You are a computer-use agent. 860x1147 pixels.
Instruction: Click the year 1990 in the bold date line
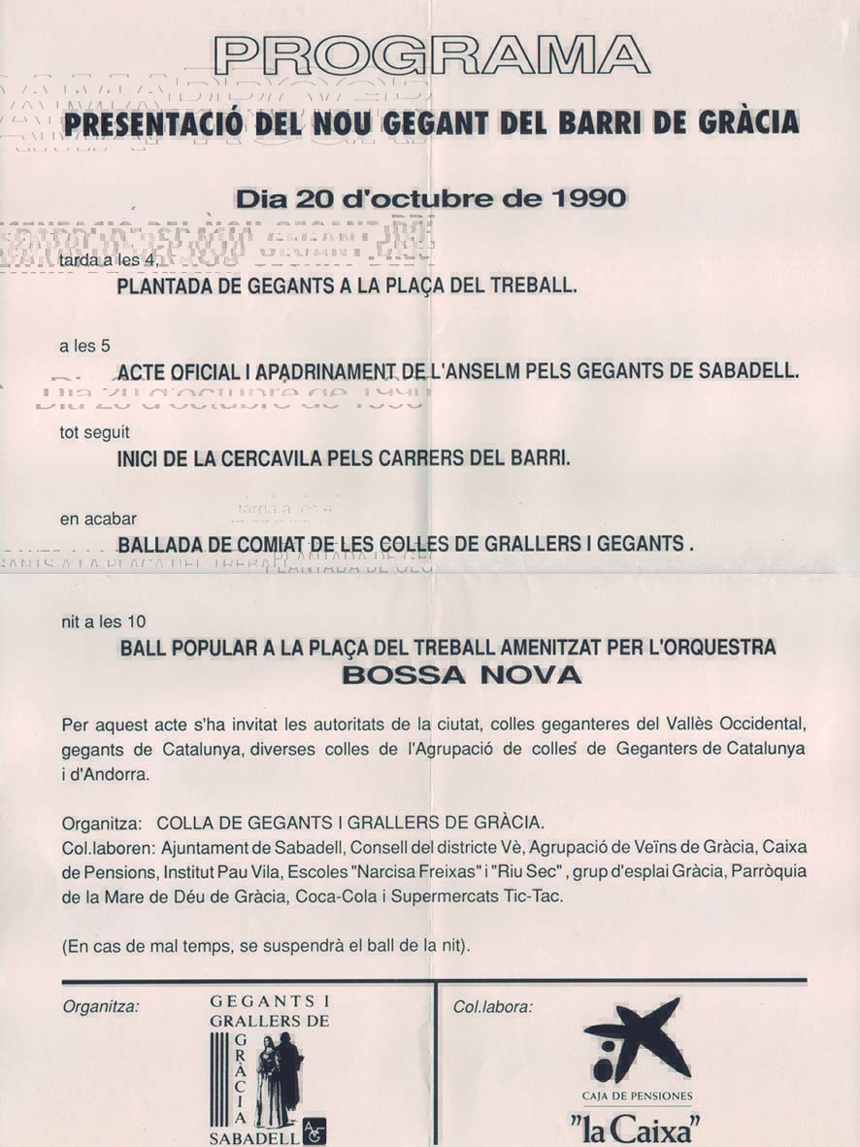[x=588, y=199]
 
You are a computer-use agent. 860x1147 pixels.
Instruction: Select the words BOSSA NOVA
[x=461, y=675]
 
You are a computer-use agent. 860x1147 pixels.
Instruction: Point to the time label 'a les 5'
[x=84, y=345]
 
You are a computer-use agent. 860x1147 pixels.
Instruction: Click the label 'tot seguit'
[x=94, y=432]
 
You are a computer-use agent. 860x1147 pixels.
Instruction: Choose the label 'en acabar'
[x=98, y=519]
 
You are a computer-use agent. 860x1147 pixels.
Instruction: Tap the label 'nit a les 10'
[x=104, y=622]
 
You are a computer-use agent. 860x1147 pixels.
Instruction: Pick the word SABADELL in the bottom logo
[x=254, y=1138]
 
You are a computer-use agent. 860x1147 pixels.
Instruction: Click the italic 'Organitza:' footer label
[x=101, y=1007]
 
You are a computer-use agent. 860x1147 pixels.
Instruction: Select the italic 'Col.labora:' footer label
[x=493, y=1007]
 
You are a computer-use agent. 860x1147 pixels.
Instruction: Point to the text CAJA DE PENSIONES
[x=638, y=1096]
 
